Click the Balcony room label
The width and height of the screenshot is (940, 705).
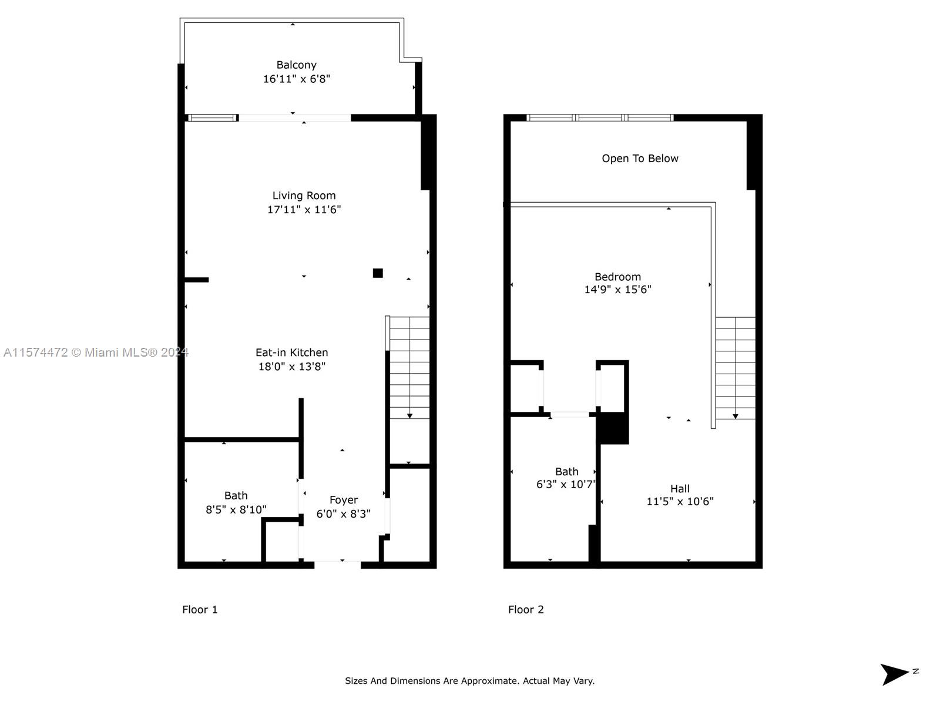point(296,65)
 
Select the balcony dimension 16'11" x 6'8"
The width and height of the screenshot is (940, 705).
point(296,79)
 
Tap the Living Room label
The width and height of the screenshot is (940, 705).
point(304,196)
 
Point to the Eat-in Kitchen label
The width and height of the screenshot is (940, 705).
point(291,352)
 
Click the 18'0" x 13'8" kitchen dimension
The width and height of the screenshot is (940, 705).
point(291,367)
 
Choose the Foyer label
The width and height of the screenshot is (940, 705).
point(344,500)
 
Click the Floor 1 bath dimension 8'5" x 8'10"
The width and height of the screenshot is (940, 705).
point(236,509)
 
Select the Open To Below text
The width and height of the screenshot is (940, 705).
point(640,159)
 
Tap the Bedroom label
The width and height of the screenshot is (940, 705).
point(617,277)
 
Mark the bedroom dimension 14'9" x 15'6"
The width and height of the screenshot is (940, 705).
point(617,290)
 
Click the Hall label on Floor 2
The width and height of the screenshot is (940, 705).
point(680,488)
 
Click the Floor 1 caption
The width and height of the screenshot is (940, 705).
point(200,610)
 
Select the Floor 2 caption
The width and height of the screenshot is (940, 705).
point(526,610)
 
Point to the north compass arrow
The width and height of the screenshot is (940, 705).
point(894,674)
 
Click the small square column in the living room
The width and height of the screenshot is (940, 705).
point(378,273)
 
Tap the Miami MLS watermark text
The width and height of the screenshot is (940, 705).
point(96,352)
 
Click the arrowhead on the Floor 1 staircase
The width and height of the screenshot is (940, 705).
point(410,416)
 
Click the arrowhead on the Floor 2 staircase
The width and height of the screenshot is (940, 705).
point(736,417)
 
